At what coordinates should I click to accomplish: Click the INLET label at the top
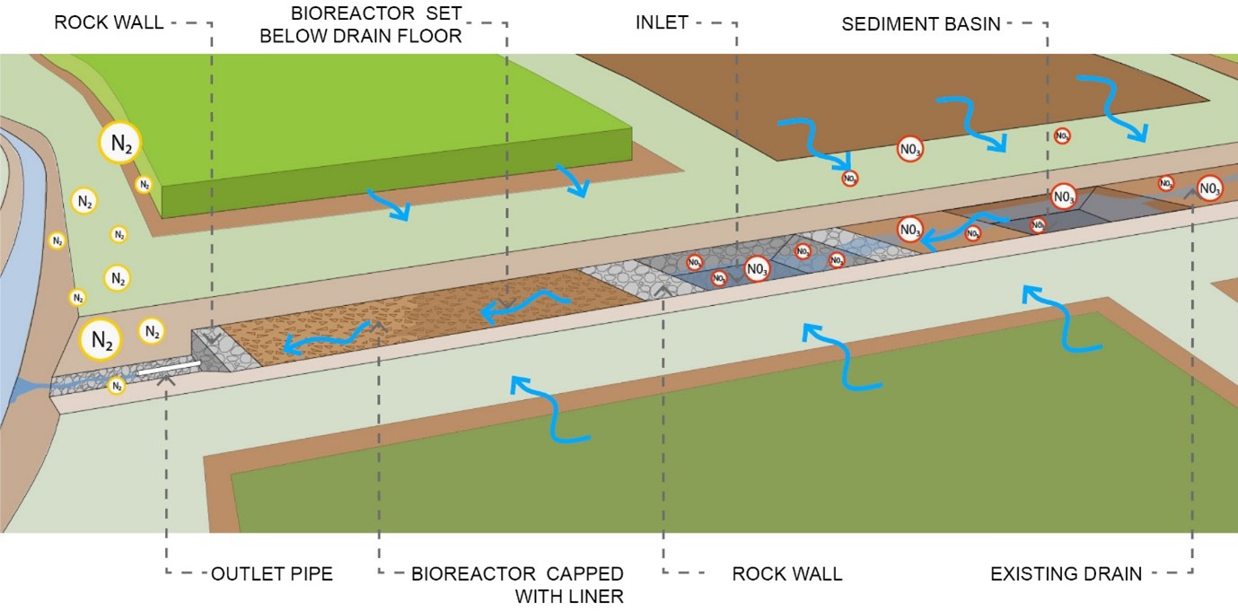tap(662, 23)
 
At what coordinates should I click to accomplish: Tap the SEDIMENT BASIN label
tap(920, 24)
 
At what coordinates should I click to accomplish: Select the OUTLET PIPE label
tap(271, 573)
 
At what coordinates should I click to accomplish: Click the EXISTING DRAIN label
tap(1066, 573)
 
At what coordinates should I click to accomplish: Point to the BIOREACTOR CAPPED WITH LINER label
tap(517, 584)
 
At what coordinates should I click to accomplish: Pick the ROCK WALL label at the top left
tap(109, 22)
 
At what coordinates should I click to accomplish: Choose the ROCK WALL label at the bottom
tap(786, 573)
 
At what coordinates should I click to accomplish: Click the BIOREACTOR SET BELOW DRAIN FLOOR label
tap(376, 24)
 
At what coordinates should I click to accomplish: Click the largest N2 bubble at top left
tap(121, 143)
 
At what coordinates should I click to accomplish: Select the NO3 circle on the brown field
tap(910, 149)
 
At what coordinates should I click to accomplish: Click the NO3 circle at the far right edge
tap(1209, 188)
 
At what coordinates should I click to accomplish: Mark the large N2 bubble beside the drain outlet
tap(101, 340)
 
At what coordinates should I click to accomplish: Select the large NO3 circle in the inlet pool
tap(756, 267)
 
